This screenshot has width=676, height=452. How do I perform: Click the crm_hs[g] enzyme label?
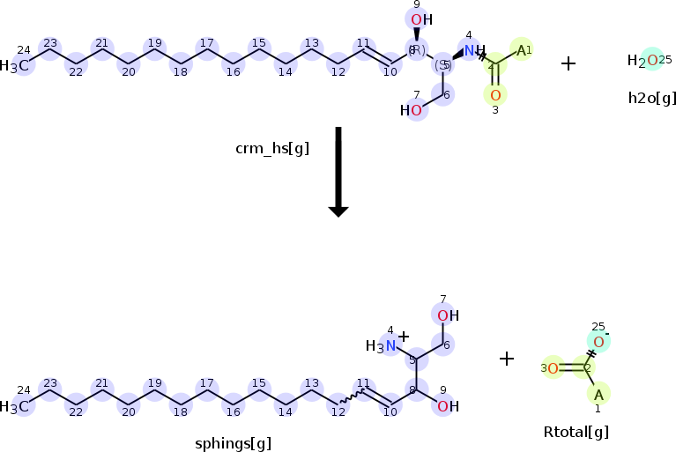click(272, 149)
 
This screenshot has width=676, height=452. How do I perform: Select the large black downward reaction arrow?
click(338, 172)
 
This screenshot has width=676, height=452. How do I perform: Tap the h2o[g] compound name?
click(652, 97)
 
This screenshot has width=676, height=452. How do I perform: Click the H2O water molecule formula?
click(643, 60)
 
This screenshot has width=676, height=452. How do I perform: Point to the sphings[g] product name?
click(234, 443)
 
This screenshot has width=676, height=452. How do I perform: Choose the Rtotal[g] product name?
click(576, 432)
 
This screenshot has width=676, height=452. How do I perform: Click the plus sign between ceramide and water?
click(568, 63)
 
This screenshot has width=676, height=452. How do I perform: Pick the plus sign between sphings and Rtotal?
click(507, 359)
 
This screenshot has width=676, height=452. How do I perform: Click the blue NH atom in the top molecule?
click(472, 51)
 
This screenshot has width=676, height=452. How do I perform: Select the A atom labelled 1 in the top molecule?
click(521, 50)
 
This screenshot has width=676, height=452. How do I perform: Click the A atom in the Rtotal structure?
click(598, 394)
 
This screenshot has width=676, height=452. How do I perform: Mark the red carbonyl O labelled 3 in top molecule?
click(495, 94)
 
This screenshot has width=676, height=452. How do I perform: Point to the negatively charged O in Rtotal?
click(598, 342)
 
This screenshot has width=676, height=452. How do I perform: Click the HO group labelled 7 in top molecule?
click(412, 111)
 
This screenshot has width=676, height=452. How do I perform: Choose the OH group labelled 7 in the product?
click(447, 315)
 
